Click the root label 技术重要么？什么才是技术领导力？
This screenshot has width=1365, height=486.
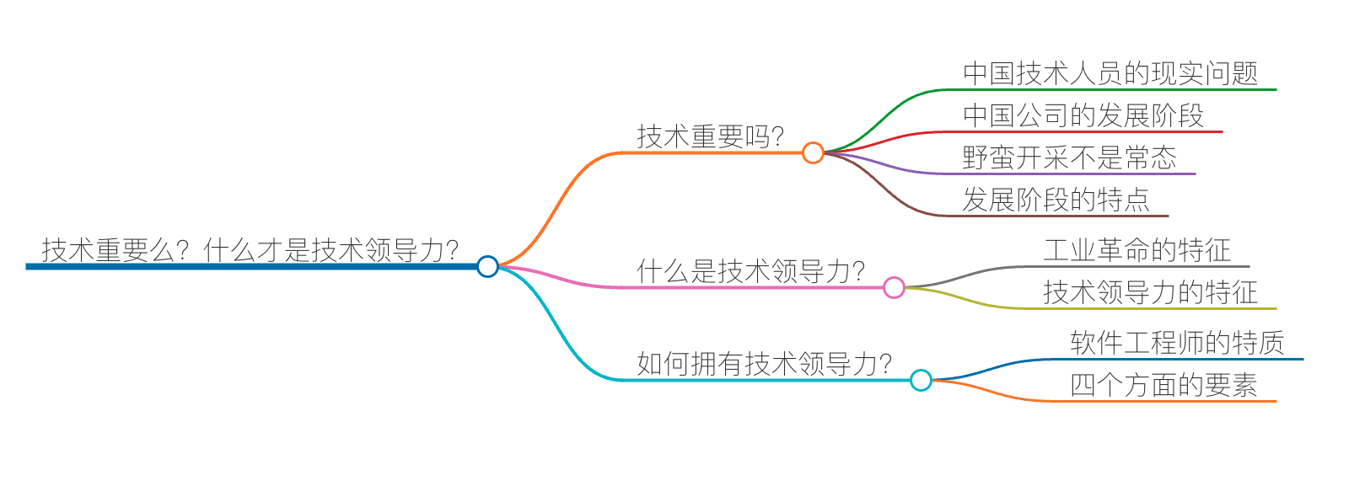point(250,249)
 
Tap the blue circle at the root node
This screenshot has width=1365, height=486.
point(487,266)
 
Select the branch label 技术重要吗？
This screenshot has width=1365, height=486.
point(711,136)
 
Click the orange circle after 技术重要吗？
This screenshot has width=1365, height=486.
point(813,152)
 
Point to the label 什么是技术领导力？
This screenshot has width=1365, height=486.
point(751,270)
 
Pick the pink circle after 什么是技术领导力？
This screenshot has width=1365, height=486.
point(894,288)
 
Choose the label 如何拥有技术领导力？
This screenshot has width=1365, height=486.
point(765,363)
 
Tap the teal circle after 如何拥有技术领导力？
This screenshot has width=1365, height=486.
point(921,381)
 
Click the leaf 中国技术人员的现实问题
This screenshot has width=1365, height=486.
point(1110,73)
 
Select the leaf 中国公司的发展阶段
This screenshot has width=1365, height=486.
point(1083,115)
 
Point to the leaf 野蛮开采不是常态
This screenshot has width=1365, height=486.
point(1070,158)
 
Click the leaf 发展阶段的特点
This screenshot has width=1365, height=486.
point(1056,200)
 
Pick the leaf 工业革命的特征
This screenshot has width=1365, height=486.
point(1137,250)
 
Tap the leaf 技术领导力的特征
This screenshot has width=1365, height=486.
point(1151,292)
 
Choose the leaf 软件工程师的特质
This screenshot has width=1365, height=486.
point(1178,343)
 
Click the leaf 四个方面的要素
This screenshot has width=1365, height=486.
point(1164,385)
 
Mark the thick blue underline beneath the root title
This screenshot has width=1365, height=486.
point(253,266)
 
